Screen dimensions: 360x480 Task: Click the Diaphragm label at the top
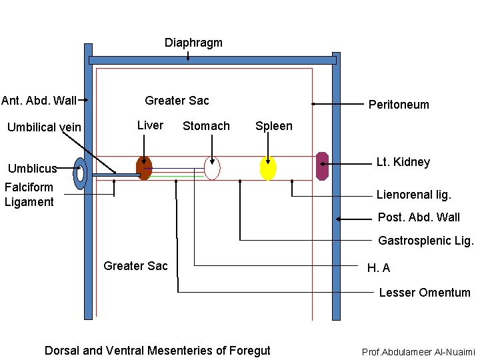pyautogui.click(x=193, y=43)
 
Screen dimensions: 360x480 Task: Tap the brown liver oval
pyautogui.click(x=144, y=168)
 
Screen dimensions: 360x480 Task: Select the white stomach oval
pyautogui.click(x=212, y=168)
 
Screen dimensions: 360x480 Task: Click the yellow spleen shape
pyautogui.click(x=267, y=168)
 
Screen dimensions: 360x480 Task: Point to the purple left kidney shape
pyautogui.click(x=323, y=166)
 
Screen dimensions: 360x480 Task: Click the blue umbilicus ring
pyautogui.click(x=81, y=173)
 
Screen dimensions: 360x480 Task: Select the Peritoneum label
pyautogui.click(x=399, y=105)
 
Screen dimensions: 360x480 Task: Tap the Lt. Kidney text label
pyautogui.click(x=403, y=162)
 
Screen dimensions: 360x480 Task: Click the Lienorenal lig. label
pyautogui.click(x=413, y=195)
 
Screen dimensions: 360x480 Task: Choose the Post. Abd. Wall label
pyautogui.click(x=419, y=217)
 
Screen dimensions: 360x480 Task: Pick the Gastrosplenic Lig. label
pyautogui.click(x=425, y=241)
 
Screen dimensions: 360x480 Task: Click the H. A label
pyautogui.click(x=378, y=268)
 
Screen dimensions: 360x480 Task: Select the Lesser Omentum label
pyautogui.click(x=424, y=293)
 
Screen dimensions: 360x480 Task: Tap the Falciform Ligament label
pyautogui.click(x=29, y=195)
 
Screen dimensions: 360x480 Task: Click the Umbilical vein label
pyautogui.click(x=44, y=127)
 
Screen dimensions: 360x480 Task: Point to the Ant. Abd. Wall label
pyautogui.click(x=39, y=101)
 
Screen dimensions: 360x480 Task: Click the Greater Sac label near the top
pyautogui.click(x=177, y=101)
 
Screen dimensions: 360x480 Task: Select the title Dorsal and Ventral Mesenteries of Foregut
pyautogui.click(x=157, y=351)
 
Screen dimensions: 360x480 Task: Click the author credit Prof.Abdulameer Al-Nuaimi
pyautogui.click(x=418, y=351)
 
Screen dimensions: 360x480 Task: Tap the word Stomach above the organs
pyautogui.click(x=206, y=126)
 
